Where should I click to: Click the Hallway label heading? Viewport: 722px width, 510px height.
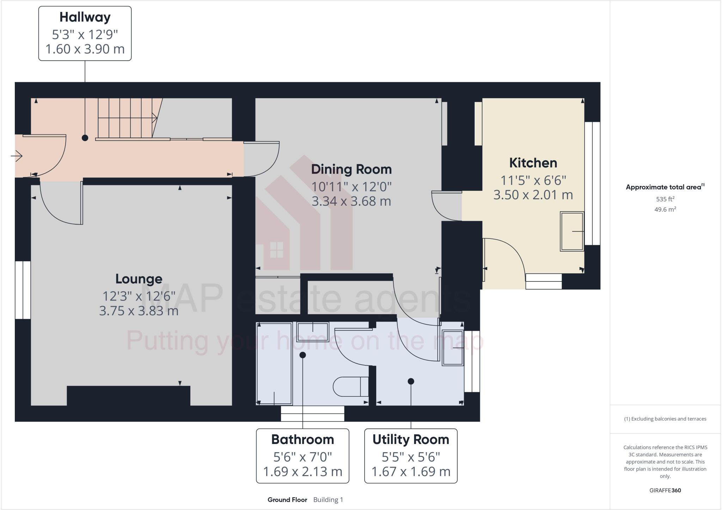click(x=85, y=17)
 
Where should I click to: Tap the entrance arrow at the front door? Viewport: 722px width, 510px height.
click(x=17, y=156)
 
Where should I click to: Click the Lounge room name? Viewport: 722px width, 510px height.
click(x=139, y=279)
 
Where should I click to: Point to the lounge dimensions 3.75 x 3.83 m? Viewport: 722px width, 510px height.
click(x=139, y=311)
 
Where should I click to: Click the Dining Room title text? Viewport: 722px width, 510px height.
click(x=351, y=169)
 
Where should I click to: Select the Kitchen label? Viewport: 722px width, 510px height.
click(x=533, y=163)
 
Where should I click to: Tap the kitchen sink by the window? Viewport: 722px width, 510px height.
click(x=572, y=231)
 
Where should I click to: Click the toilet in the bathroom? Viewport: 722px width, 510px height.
click(x=350, y=387)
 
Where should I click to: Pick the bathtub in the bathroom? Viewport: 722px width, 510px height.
click(x=274, y=363)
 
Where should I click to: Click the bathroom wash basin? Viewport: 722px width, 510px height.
click(x=313, y=332)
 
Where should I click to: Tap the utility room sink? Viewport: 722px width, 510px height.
click(x=453, y=348)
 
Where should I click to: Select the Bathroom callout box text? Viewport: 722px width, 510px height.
click(x=302, y=440)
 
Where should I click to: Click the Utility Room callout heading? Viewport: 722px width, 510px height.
click(x=411, y=440)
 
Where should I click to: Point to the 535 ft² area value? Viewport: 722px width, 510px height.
click(x=665, y=199)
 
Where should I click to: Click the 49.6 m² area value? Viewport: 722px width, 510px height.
click(x=665, y=210)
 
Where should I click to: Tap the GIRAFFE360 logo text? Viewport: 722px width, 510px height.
click(x=665, y=490)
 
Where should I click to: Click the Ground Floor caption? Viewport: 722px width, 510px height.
click(x=287, y=500)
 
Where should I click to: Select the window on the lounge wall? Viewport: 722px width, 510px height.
click(x=23, y=290)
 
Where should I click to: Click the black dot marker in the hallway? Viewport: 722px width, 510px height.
click(x=85, y=138)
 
